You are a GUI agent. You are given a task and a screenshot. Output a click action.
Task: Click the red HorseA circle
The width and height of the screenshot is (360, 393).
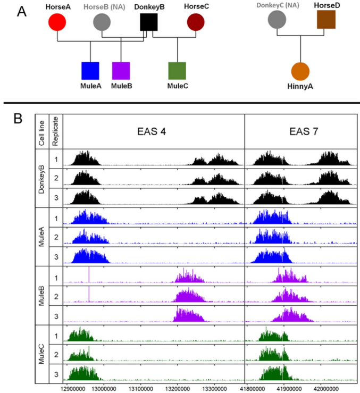57,22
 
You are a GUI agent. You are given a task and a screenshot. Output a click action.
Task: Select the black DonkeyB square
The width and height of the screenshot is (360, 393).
148,22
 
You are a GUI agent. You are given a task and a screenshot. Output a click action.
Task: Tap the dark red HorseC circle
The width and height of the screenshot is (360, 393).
196,22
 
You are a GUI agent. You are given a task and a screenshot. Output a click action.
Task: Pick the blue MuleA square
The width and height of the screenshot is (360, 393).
90,71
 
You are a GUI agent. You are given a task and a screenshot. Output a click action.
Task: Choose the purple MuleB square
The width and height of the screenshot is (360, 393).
121,71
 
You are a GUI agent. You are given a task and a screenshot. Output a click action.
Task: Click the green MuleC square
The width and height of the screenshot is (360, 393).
177,71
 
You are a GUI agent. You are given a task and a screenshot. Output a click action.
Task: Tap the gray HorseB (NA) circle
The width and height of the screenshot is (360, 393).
102,22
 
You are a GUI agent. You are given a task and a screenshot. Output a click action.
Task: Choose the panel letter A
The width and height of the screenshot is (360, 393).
22,11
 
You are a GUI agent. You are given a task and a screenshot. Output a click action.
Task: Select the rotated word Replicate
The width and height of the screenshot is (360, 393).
55,131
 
